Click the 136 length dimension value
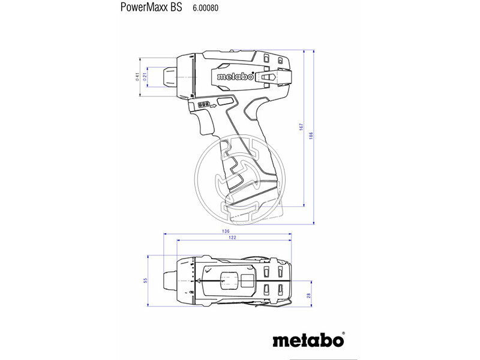225,231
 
